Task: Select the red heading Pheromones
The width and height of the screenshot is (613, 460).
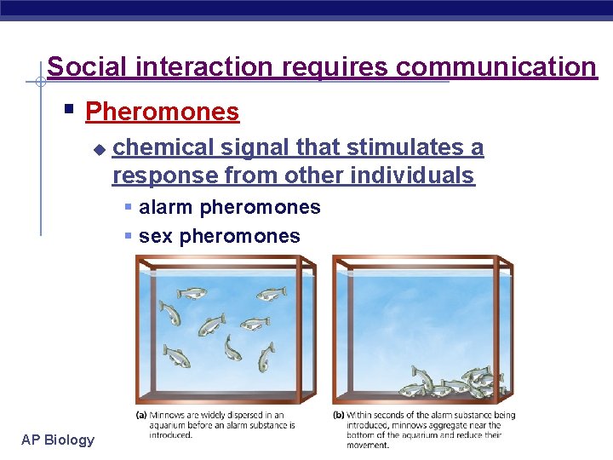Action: (x=163, y=112)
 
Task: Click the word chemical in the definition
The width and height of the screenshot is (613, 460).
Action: (x=163, y=147)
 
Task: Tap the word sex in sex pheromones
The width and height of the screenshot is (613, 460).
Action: (x=156, y=236)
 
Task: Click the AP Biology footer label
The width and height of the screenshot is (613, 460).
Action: (x=58, y=440)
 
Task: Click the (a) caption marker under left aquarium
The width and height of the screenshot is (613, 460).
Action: (x=142, y=415)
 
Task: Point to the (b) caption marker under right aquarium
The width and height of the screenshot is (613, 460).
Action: (x=338, y=415)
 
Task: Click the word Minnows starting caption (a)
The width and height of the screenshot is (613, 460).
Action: (x=167, y=415)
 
